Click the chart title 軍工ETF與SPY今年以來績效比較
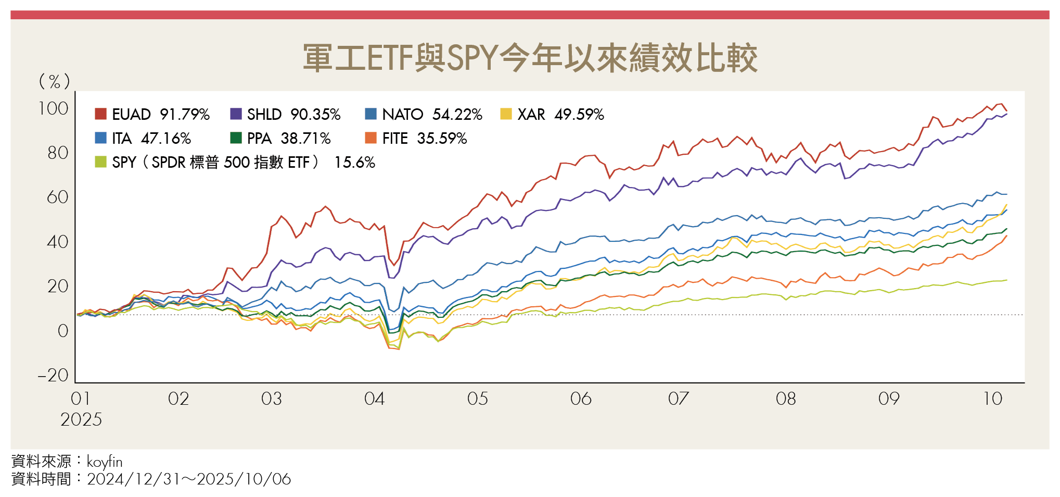530,58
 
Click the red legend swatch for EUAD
100,114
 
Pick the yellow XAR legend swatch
506,114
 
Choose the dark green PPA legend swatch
236,138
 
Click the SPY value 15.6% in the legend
354,163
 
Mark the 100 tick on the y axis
53,108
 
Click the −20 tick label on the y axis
53,375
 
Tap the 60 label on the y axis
57,197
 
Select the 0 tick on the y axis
62,331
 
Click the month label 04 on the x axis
374,399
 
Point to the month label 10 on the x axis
992,399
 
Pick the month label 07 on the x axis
678,399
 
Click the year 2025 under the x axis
81,419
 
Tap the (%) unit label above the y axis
54,81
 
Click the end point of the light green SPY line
1007,280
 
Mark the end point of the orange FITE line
1007,235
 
